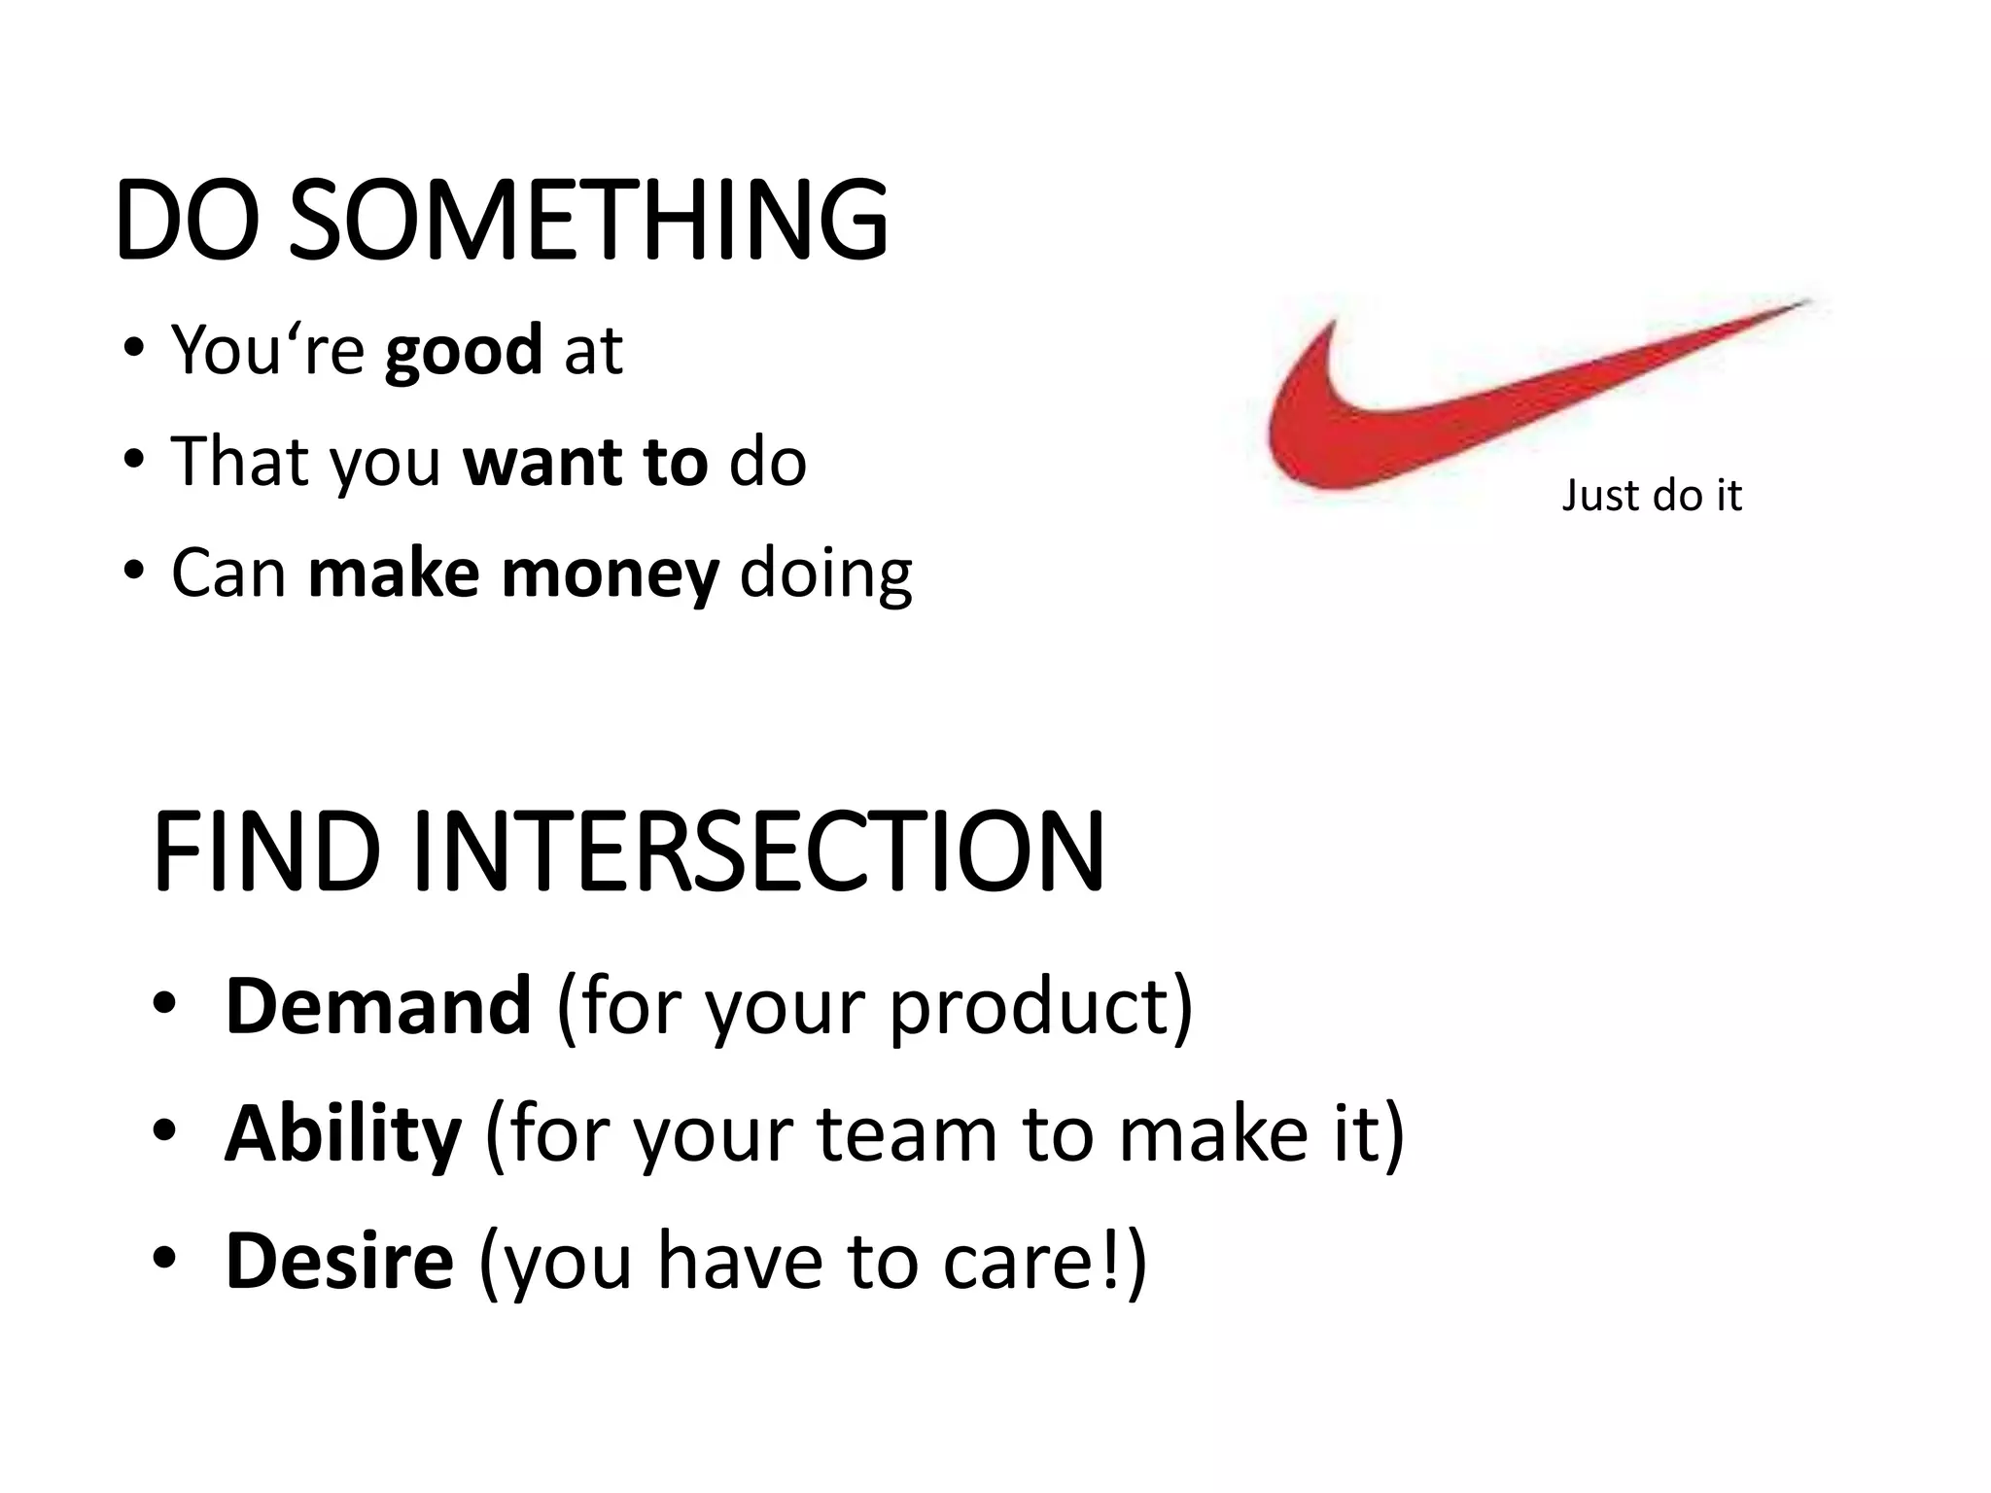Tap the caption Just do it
pyautogui.click(x=1651, y=496)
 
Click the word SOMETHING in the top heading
pyautogui.click(x=588, y=221)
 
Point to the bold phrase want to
pyautogui.click(x=585, y=462)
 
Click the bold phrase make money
pyautogui.click(x=513, y=573)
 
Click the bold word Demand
pyautogui.click(x=378, y=1007)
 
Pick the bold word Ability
pyautogui.click(x=342, y=1134)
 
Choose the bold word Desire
pyautogui.click(x=339, y=1262)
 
